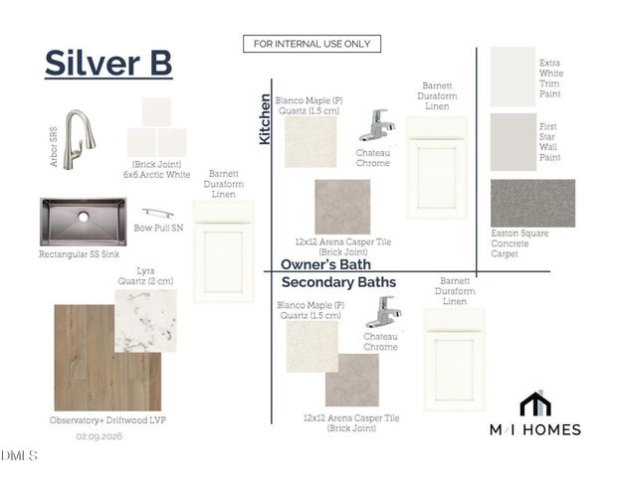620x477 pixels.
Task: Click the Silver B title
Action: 108,63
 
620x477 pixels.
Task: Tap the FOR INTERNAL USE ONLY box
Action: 311,44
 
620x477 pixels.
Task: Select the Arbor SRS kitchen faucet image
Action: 79,139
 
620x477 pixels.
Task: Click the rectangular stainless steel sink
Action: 83,222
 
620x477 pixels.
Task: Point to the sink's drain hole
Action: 83,217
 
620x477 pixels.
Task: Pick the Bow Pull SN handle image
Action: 158,213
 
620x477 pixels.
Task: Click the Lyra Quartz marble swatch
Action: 145,321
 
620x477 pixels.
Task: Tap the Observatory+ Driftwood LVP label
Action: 107,420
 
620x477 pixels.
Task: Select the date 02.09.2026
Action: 100,436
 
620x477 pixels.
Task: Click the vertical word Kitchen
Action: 265,119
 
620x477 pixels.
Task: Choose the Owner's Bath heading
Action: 325,264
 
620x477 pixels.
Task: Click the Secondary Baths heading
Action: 339,282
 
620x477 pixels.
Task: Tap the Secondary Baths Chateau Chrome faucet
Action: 383,312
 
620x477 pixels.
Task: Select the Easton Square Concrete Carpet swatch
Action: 532,203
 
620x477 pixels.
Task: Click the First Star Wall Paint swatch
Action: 514,142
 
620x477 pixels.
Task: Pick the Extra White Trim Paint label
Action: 551,79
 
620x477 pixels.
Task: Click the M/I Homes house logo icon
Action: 535,403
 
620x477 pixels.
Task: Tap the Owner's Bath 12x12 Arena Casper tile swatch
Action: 342,207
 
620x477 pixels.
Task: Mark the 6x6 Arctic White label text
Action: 156,175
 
